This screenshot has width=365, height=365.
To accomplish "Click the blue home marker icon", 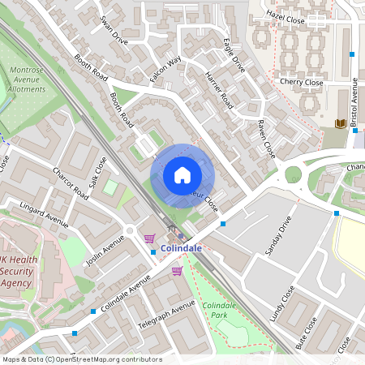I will [182, 175].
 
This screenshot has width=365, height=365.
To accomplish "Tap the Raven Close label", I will [266, 138].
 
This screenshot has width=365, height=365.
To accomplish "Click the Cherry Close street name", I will [301, 83].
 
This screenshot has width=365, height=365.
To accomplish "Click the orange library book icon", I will [341, 123].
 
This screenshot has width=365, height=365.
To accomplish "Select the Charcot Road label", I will [70, 183].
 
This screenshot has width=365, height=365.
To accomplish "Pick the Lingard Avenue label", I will [45, 215].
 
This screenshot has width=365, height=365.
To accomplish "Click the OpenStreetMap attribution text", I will [81, 359].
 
